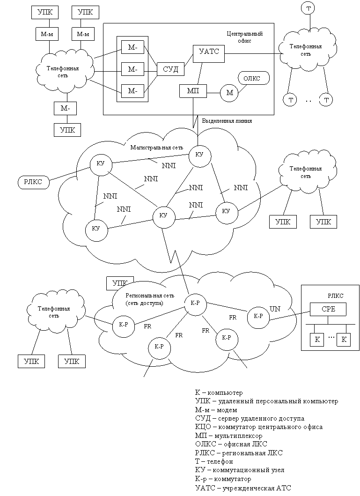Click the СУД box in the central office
click(171, 69)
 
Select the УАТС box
click(209, 53)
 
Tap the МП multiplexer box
click(193, 91)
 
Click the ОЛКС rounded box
click(252, 78)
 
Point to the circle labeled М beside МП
click(230, 93)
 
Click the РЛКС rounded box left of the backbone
click(33, 182)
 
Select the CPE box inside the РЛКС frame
click(328, 309)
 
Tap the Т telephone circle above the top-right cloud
click(309, 8)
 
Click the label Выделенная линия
click(227, 121)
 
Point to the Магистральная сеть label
click(157, 148)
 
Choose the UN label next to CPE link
click(275, 309)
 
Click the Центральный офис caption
click(245, 37)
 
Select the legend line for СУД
click(250, 419)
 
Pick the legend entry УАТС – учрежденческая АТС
click(243, 488)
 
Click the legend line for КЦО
click(258, 427)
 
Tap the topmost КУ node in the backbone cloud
click(199, 155)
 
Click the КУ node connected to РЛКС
click(101, 164)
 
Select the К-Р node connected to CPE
click(258, 316)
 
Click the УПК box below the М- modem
click(67, 130)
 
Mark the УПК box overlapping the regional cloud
click(120, 283)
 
